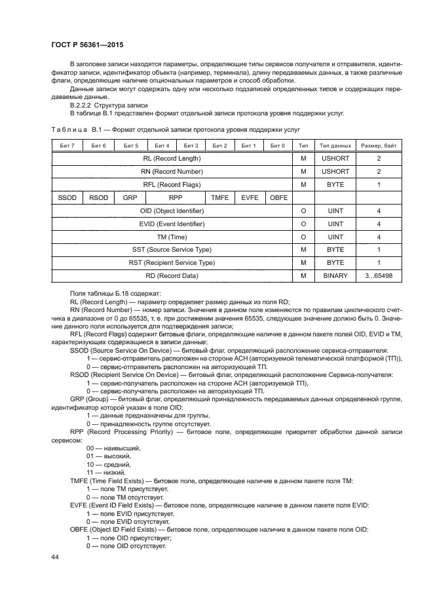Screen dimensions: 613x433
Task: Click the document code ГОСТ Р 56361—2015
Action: pyautogui.click(x=87, y=44)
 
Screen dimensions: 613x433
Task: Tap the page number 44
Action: pyautogui.click(x=55, y=556)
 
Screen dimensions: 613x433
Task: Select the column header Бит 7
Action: pyautogui.click(x=66, y=145)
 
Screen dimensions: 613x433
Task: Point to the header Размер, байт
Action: pyautogui.click(x=378, y=145)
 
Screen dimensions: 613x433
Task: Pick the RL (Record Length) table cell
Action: pyautogui.click(x=171, y=159)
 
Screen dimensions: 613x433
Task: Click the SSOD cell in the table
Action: pyautogui.click(x=66, y=197)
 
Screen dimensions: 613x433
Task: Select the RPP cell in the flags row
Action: pyautogui.click(x=175, y=197)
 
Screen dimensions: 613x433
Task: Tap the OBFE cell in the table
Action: pyautogui.click(x=278, y=197)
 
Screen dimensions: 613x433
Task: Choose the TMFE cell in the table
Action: pyautogui.click(x=219, y=197)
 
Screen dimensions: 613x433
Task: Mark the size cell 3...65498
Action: pyautogui.click(x=378, y=276)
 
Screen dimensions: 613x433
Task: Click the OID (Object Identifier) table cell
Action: pyautogui.click(x=171, y=210)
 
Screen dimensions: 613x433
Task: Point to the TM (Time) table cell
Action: pyautogui.click(x=171, y=237)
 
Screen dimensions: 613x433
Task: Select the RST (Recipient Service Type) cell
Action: pyautogui.click(x=171, y=263)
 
